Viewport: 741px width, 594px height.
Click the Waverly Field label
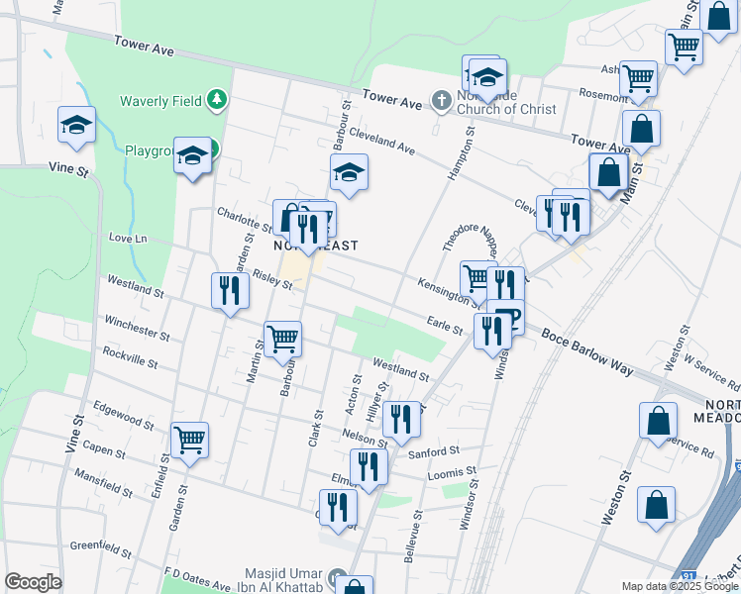(x=160, y=100)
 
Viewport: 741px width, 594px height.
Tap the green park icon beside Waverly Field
(x=217, y=100)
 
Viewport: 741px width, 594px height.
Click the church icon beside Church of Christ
(x=442, y=100)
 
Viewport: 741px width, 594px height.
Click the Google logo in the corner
(x=33, y=582)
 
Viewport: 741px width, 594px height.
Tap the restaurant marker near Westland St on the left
(x=229, y=291)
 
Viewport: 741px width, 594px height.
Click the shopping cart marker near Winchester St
(x=283, y=340)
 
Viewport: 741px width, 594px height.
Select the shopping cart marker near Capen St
(x=189, y=440)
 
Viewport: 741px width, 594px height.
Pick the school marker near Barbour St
(x=348, y=173)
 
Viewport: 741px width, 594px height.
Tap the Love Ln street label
(x=127, y=239)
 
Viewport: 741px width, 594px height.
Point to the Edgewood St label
(x=122, y=414)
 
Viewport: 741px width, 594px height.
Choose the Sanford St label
(x=434, y=452)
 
